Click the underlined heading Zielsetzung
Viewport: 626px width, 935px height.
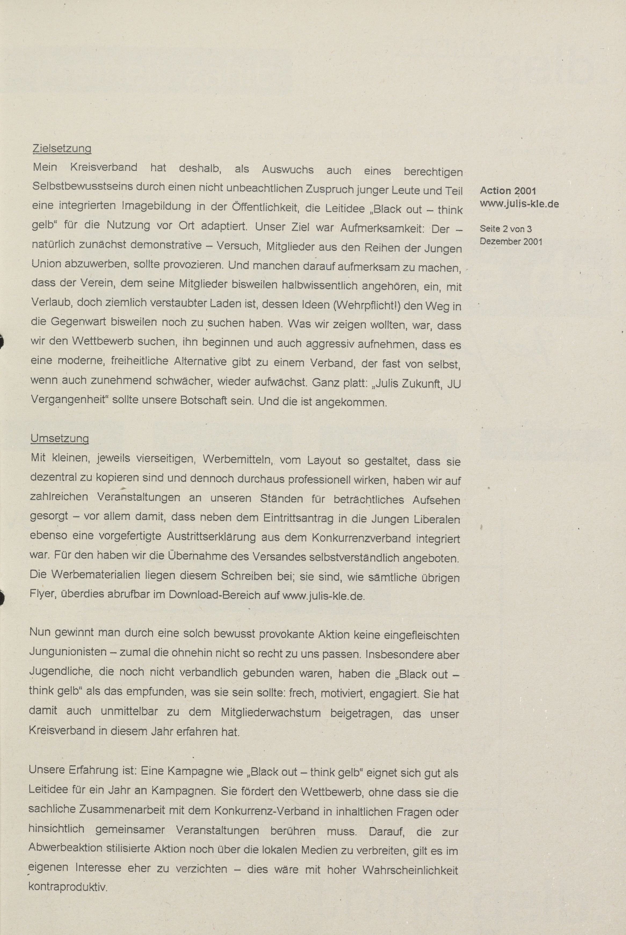point(61,148)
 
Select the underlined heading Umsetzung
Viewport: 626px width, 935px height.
point(60,438)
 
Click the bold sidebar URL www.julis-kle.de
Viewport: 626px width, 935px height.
point(519,204)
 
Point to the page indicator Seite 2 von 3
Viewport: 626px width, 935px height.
point(505,229)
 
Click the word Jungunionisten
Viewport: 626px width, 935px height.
point(68,653)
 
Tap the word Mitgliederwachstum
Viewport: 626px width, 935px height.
point(270,712)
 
